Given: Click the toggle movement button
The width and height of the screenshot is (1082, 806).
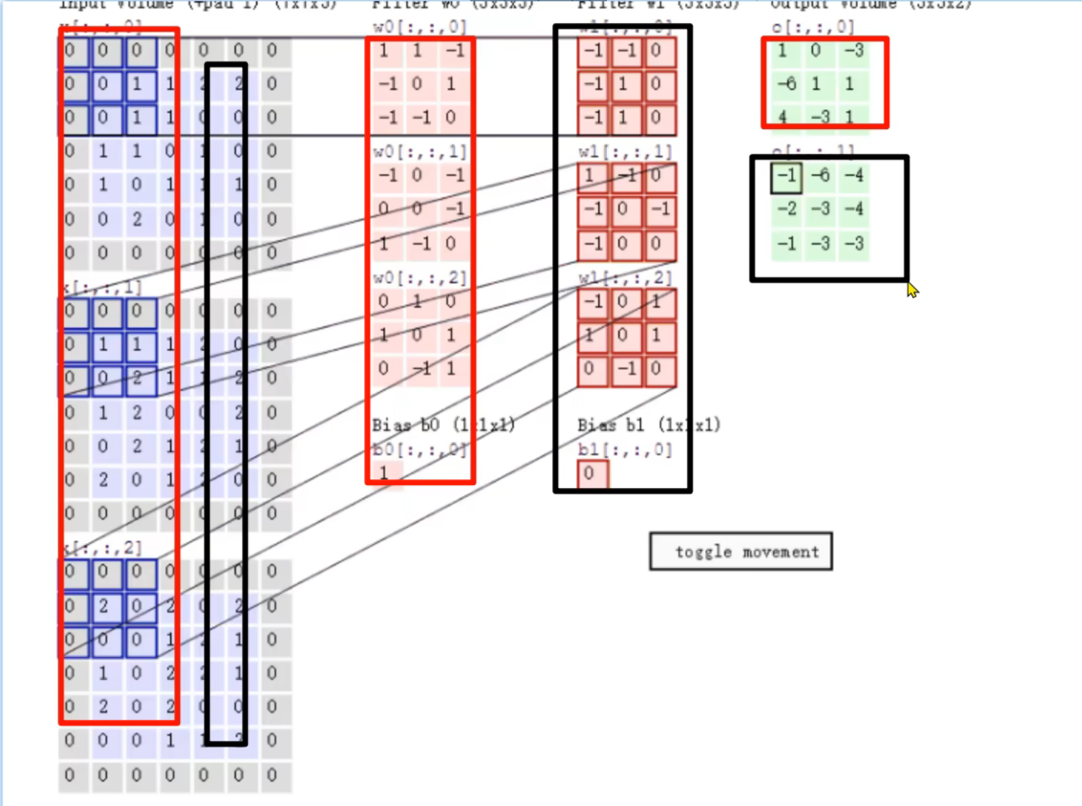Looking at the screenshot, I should click(x=741, y=552).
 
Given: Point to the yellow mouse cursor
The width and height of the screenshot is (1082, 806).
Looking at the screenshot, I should click(x=911, y=290).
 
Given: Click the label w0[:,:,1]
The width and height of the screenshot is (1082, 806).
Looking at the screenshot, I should click(x=419, y=152).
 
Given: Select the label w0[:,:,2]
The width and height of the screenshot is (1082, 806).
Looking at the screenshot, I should click(x=419, y=278).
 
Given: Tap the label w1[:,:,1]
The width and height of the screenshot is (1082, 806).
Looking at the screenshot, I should click(x=625, y=152).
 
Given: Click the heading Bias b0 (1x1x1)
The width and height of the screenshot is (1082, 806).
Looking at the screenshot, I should click(x=443, y=425).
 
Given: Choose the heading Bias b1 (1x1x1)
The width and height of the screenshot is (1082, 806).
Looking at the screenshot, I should click(x=648, y=425).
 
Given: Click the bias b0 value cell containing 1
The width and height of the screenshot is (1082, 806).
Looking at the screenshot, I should click(x=384, y=473).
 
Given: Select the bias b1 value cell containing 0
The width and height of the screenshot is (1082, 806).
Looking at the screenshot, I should click(x=589, y=473).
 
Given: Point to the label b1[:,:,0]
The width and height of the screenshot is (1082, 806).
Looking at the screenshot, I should click(x=625, y=450).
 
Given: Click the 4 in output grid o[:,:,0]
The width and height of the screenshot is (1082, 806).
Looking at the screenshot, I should click(x=782, y=116).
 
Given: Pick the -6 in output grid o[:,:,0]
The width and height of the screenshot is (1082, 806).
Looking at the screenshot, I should click(x=786, y=84).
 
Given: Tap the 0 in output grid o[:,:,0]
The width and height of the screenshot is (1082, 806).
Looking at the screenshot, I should click(x=815, y=51).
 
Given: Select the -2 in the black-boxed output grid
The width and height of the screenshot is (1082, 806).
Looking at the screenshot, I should click(x=786, y=209).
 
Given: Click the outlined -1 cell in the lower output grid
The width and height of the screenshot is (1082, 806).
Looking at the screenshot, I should click(x=786, y=176).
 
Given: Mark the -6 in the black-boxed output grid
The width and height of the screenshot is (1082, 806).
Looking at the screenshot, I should click(x=820, y=176).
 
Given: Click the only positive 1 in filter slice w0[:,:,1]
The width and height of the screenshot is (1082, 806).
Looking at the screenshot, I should click(x=384, y=244).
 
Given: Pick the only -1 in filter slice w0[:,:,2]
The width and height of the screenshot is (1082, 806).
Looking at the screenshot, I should click(x=421, y=369).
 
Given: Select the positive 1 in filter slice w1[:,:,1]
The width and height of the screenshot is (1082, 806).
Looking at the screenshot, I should click(x=589, y=176).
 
